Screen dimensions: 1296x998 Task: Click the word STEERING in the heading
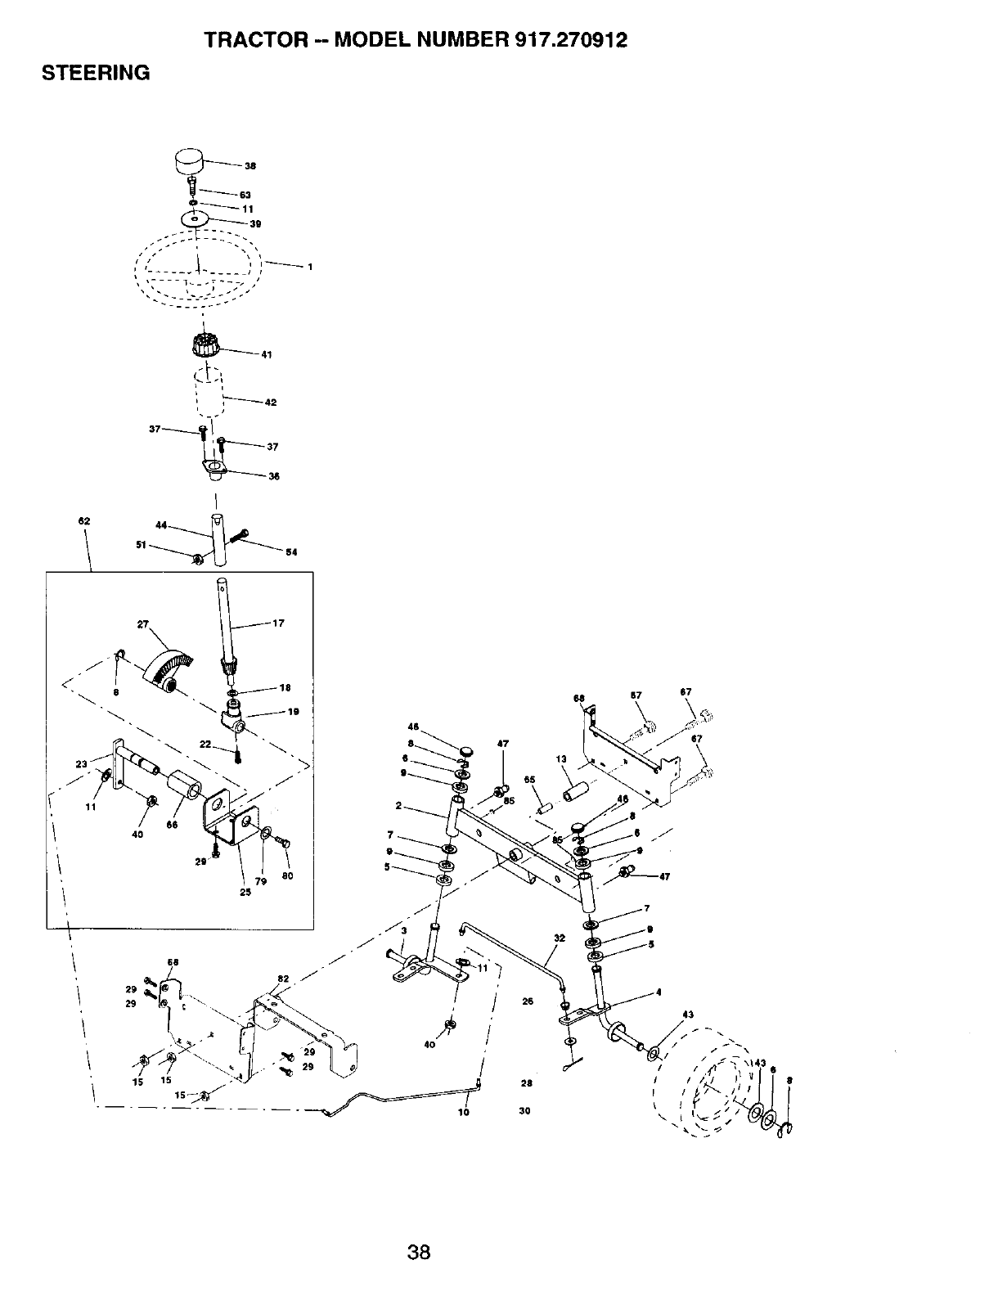(96, 74)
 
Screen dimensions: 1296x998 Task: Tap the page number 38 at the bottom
(419, 1252)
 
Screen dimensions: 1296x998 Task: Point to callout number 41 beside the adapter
(266, 354)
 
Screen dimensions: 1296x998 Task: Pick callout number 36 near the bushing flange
(274, 476)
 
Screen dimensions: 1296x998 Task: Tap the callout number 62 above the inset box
(84, 521)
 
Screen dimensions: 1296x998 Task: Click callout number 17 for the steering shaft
(278, 623)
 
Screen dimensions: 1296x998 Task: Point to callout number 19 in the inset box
(294, 712)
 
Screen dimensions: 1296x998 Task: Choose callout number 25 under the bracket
(245, 892)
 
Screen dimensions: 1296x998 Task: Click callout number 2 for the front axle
(398, 807)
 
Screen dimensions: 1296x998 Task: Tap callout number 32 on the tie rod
(560, 938)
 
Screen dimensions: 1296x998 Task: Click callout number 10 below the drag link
(464, 1113)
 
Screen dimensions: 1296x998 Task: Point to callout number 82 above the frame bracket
(283, 979)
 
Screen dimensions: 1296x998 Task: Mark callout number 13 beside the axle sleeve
(560, 759)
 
